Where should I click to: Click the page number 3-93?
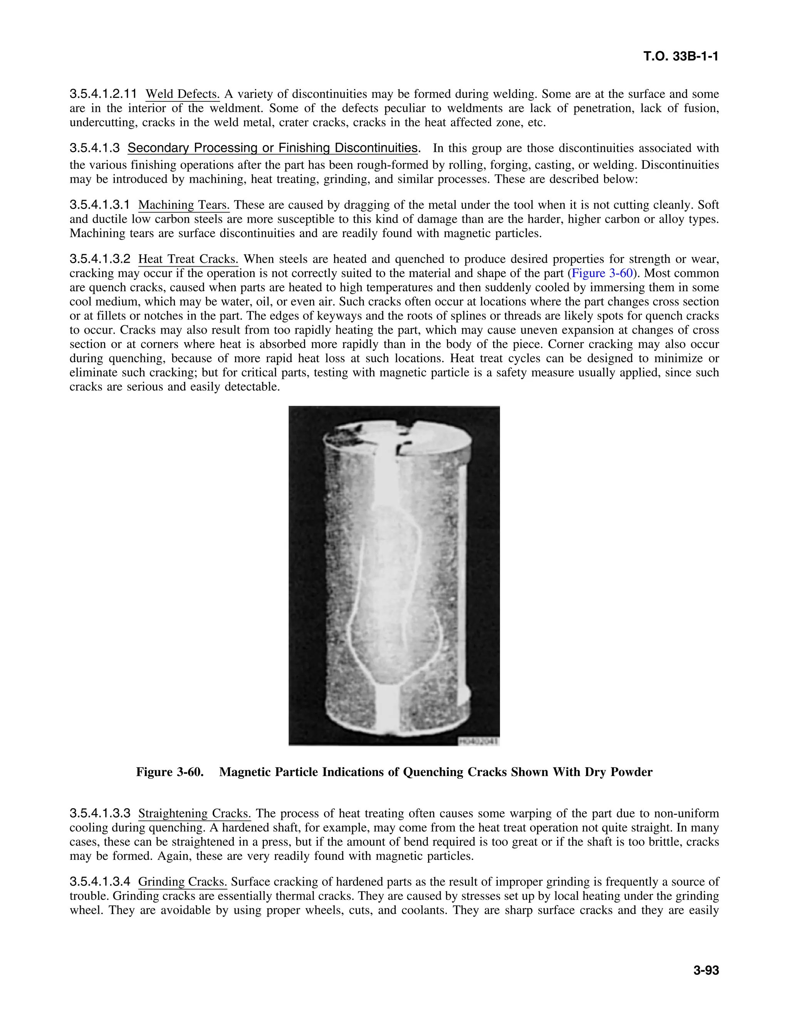click(706, 971)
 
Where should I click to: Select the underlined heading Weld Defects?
click(182, 94)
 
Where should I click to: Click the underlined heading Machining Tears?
click(184, 205)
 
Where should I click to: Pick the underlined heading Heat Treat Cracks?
click(188, 259)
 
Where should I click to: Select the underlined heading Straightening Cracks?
click(195, 814)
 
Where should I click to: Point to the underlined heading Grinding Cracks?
click(182, 882)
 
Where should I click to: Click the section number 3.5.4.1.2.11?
click(103, 94)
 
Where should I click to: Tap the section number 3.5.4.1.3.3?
click(99, 814)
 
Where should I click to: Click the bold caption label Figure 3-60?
click(170, 772)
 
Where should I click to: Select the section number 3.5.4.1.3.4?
click(99, 882)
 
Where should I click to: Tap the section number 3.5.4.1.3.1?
click(99, 205)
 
